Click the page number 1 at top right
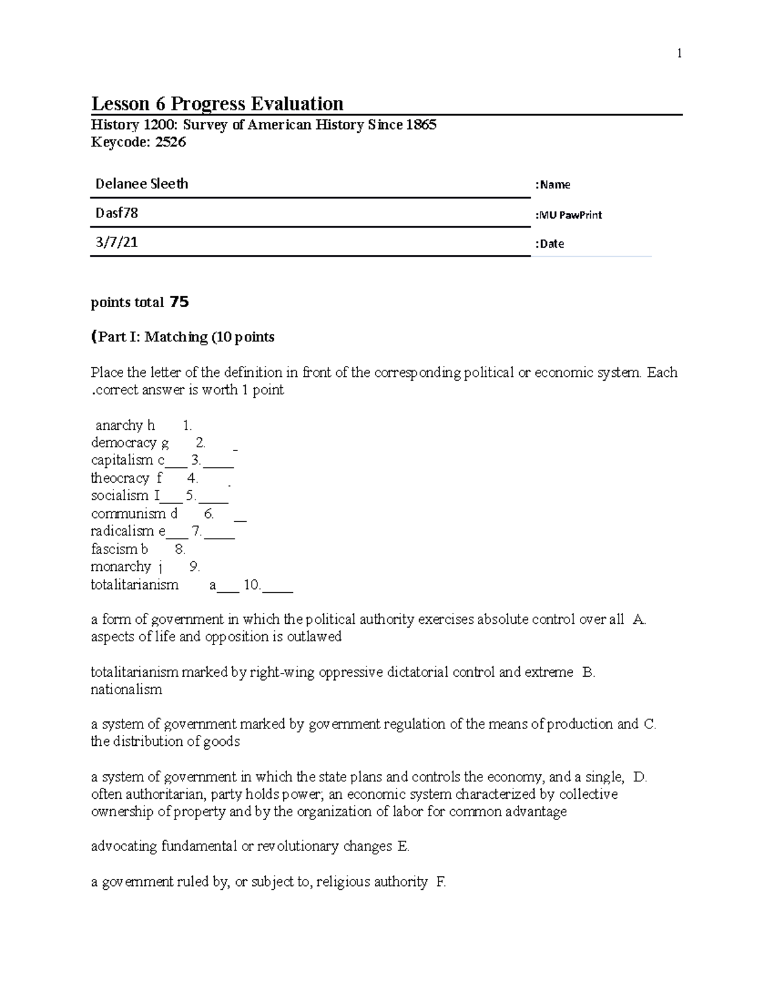[679, 54]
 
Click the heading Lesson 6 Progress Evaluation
[217, 104]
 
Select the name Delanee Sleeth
[141, 184]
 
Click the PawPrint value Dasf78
[117, 213]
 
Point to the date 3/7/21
[116, 243]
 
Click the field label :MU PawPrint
[568, 215]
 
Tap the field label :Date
[550, 244]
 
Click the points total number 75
[179, 302]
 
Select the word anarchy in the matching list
[119, 425]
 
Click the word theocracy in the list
[120, 478]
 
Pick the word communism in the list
[128, 514]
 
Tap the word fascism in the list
[114, 549]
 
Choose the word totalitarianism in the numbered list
[134, 585]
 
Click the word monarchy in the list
[121, 566]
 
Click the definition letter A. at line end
[639, 619]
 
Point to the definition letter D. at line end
[640, 777]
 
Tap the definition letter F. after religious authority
[441, 881]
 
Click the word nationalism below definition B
[126, 689]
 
